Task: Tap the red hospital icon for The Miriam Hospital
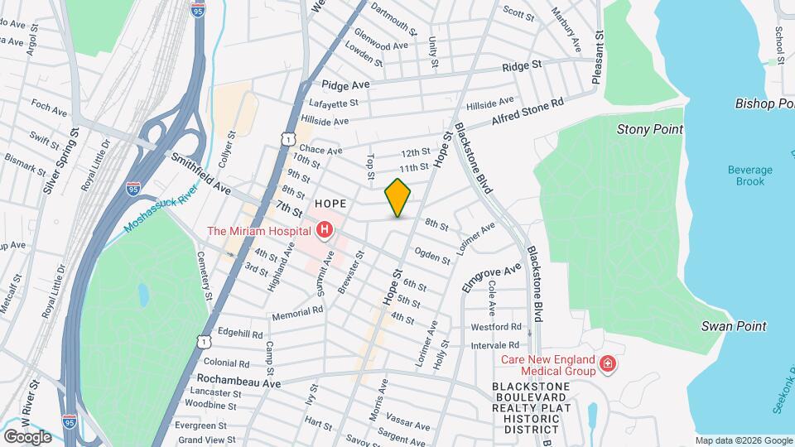(324, 229)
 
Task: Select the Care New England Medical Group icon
(607, 365)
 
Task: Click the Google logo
(26, 437)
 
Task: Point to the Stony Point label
(650, 129)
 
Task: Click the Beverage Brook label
(749, 175)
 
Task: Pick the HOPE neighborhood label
(330, 202)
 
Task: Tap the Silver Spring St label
(60, 161)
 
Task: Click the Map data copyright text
(743, 440)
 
